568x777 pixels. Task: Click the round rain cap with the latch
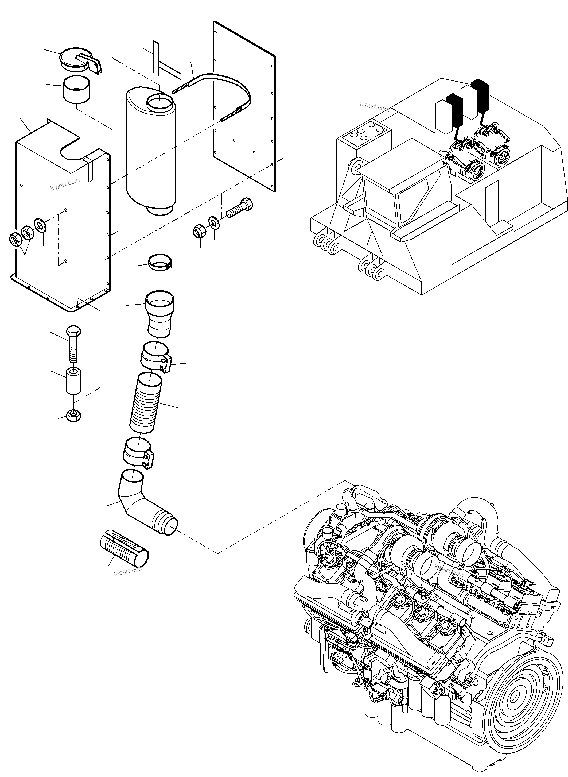click(76, 59)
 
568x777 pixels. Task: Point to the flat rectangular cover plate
click(244, 103)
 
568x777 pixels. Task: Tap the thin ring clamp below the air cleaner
click(160, 262)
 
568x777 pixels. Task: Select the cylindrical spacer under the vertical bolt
click(73, 381)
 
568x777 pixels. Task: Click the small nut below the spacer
click(73, 416)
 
